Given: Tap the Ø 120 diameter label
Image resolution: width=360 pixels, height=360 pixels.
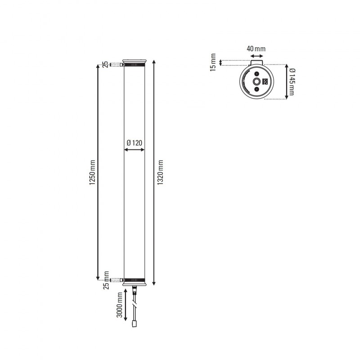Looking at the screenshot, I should [x=134, y=143].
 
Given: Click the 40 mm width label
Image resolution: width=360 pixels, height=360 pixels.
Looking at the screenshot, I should [x=256, y=48].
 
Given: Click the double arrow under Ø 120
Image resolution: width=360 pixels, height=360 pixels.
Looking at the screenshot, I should [x=134, y=150].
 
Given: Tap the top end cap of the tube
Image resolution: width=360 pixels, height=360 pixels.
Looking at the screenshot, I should [x=134, y=60].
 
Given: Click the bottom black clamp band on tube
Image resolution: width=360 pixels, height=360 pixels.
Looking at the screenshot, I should [x=134, y=280].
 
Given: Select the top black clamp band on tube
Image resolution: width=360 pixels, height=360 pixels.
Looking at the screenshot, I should [x=134, y=65].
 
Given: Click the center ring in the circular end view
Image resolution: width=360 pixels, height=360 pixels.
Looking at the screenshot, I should [x=256, y=81].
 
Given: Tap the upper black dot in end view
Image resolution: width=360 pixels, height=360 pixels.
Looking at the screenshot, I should [x=256, y=73].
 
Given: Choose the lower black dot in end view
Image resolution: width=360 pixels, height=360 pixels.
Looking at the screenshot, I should [x=256, y=90].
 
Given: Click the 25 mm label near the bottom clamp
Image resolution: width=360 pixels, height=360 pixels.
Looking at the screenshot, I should [x=107, y=280].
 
